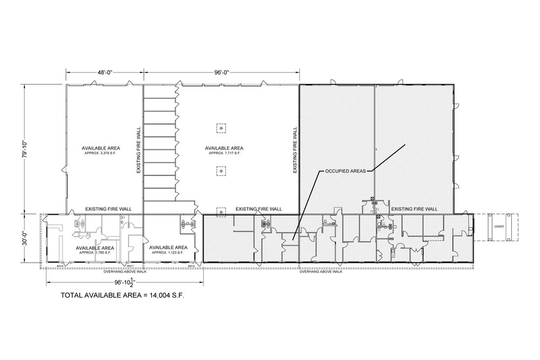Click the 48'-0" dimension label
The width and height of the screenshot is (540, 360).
click(105, 72)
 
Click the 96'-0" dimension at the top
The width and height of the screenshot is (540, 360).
click(222, 72)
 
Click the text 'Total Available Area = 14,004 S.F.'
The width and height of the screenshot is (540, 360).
click(122, 295)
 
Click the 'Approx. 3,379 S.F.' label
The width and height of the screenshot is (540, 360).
click(100, 153)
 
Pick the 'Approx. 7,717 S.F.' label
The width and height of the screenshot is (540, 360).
click(224, 153)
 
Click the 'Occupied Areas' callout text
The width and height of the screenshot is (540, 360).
click(345, 172)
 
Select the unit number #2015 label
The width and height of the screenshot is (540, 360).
click(60, 266)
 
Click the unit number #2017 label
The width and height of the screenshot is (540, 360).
click(130, 266)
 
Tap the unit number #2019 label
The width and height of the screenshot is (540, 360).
click(190, 266)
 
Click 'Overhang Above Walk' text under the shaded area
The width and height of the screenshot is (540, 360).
click(320, 271)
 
